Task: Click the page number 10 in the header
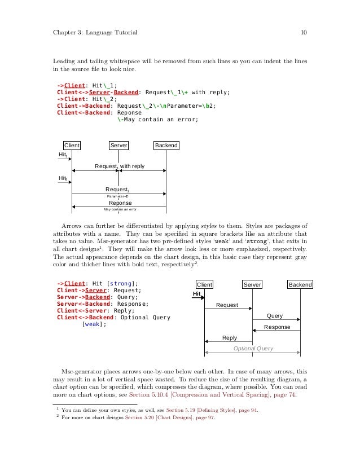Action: click(303, 33)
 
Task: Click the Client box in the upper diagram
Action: click(72, 146)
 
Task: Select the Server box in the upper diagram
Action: click(118, 146)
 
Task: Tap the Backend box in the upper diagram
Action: click(166, 146)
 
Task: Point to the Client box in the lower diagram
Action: click(204, 285)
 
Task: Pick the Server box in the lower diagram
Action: click(252, 285)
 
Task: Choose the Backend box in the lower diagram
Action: click(300, 285)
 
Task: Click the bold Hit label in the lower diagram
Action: click(197, 294)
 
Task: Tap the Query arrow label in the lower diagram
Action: click(274, 316)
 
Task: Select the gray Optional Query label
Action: click(253, 349)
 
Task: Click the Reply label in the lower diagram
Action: click(230, 338)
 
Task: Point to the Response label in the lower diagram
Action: click(277, 327)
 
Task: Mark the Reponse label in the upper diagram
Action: click(120, 203)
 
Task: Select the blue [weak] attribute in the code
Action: click(94, 324)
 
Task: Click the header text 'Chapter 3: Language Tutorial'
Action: click(94, 33)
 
